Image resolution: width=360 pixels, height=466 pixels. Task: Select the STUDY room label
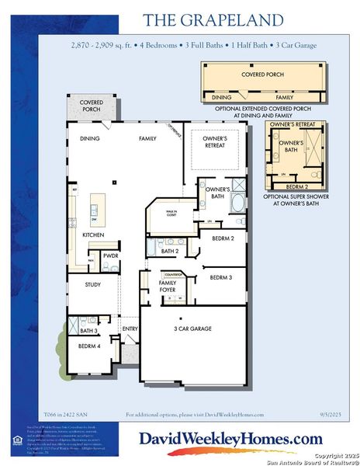pos(93,285)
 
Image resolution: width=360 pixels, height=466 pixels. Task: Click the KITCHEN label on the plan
pos(94,235)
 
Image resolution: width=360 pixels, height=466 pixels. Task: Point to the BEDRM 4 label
pos(89,346)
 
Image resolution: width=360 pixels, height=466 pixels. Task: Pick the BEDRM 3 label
pos(221,277)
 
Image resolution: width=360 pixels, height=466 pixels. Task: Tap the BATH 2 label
pos(170,251)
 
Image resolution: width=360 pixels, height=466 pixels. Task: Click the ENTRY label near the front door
pos(129,329)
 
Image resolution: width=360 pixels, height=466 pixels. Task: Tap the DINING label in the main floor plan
pos(90,138)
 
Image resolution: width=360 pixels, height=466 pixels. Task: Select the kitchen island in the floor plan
pos(95,206)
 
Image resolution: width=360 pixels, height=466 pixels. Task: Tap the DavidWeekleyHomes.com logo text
pos(230,439)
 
